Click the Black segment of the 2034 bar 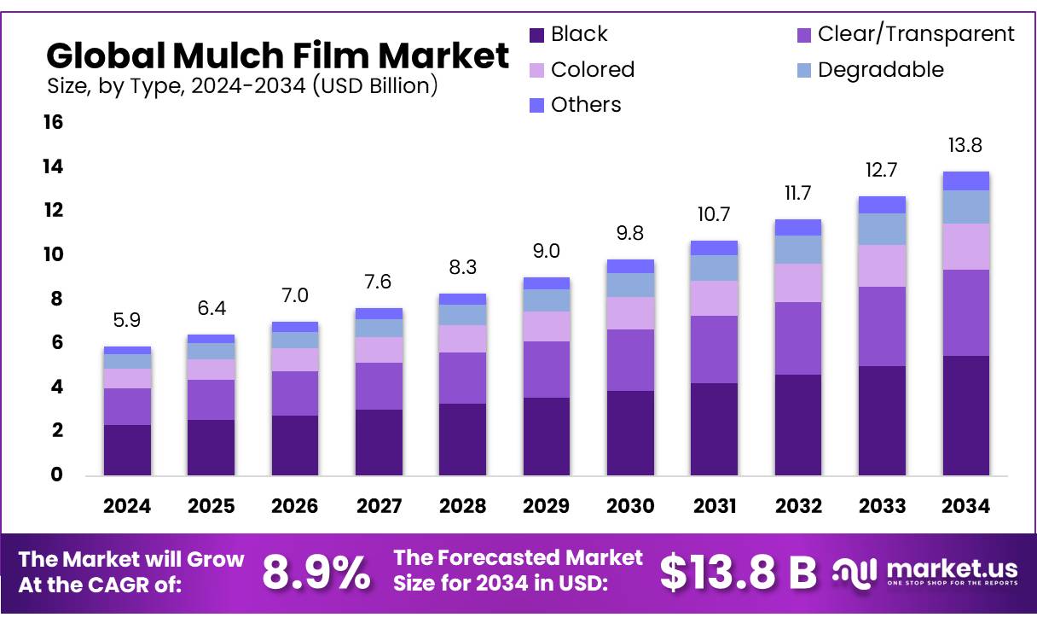965,415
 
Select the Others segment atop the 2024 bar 127,350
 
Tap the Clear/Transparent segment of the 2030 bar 630,359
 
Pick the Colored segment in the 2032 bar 797,282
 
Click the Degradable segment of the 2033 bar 882,229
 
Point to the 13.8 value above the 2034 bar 965,145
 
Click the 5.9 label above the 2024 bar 127,320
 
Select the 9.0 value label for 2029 546,250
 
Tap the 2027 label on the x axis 379,506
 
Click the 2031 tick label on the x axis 714,506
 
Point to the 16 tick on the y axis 53,123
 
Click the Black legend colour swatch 536,35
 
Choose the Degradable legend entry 880,70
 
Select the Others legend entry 586,105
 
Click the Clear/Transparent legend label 916,34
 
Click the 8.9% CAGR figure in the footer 316,573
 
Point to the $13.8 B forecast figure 738,573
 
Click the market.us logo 925,573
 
